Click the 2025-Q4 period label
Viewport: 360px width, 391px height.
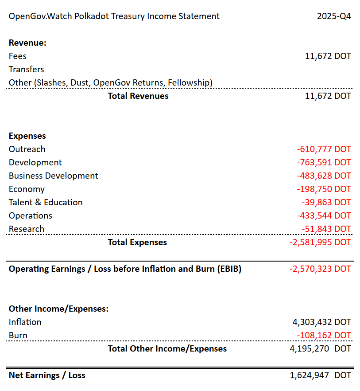coord(334,16)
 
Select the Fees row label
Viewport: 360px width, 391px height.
coord(18,56)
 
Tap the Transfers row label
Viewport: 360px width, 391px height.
coord(26,70)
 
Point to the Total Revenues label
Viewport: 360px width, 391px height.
coord(138,96)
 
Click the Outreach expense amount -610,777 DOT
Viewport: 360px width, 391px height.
coord(324,149)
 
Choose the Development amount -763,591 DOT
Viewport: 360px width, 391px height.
coord(324,163)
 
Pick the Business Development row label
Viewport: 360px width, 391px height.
coord(54,176)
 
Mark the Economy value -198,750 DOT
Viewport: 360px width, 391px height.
coord(324,189)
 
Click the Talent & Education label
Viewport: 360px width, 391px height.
coord(46,203)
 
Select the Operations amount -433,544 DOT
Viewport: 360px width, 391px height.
coord(324,216)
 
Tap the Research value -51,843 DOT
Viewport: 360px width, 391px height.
coord(326,229)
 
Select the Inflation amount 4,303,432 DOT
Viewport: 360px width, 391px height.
coord(320,322)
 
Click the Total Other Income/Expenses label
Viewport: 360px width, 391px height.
coord(167,349)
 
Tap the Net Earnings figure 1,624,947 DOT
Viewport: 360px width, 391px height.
coord(320,375)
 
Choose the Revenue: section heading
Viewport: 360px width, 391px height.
coord(27,43)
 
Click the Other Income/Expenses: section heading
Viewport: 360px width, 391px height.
coord(58,309)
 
